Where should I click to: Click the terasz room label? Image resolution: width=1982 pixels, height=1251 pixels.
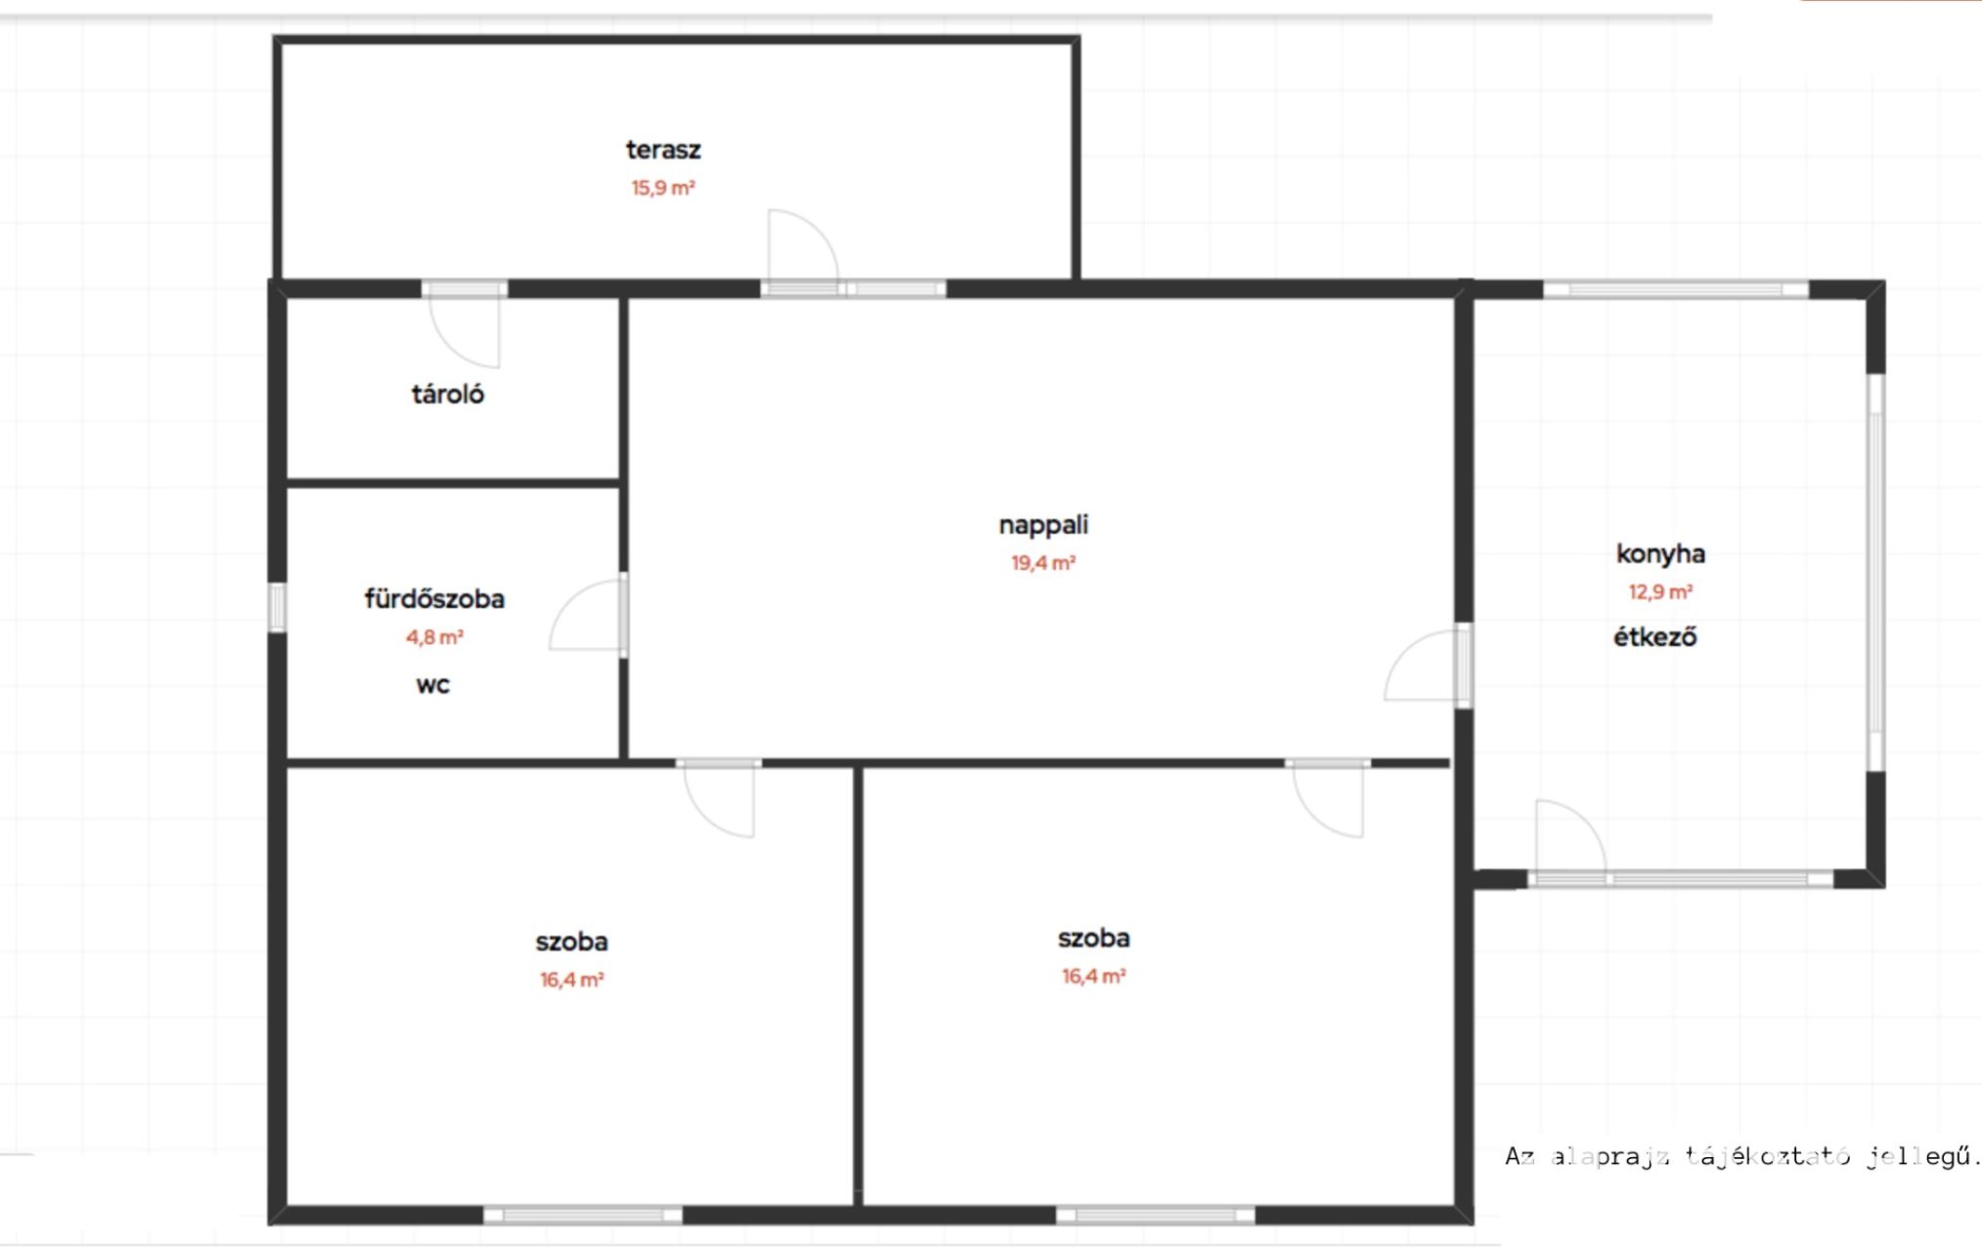click(663, 150)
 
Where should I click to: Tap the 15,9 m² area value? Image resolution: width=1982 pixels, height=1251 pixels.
click(663, 188)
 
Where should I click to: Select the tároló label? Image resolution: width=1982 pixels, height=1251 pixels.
click(448, 394)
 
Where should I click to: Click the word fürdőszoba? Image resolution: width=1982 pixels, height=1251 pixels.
click(434, 598)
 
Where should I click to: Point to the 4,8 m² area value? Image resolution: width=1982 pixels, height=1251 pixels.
click(434, 637)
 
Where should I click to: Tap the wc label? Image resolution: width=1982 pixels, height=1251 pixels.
click(432, 684)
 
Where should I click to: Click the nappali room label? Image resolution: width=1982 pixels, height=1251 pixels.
click(1043, 525)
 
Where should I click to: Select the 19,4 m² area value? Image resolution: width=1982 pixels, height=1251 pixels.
click(1043, 563)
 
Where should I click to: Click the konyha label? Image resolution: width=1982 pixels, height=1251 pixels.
click(1660, 553)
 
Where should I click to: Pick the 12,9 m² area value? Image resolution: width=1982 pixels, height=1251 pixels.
click(1660, 592)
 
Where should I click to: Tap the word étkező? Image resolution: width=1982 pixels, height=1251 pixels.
click(1654, 636)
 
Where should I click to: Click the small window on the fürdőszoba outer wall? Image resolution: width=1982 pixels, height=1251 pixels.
click(278, 607)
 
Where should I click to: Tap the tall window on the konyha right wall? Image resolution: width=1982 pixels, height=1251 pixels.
click(1875, 572)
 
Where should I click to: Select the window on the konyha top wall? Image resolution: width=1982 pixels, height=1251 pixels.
click(1676, 289)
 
